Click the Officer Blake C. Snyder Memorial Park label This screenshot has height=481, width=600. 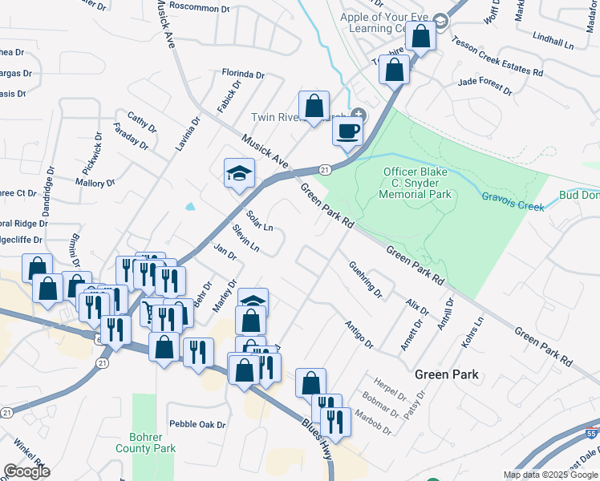(417, 183)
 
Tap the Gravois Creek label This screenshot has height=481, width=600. (512, 200)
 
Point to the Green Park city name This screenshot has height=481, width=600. (447, 374)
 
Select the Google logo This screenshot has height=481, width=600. (26, 471)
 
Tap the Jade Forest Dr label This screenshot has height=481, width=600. (484, 82)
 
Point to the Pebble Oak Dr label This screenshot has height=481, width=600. (197, 424)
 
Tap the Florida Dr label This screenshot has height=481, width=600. (244, 74)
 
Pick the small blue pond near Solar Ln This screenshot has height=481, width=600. (190, 206)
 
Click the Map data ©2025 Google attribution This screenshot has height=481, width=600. (549, 475)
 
